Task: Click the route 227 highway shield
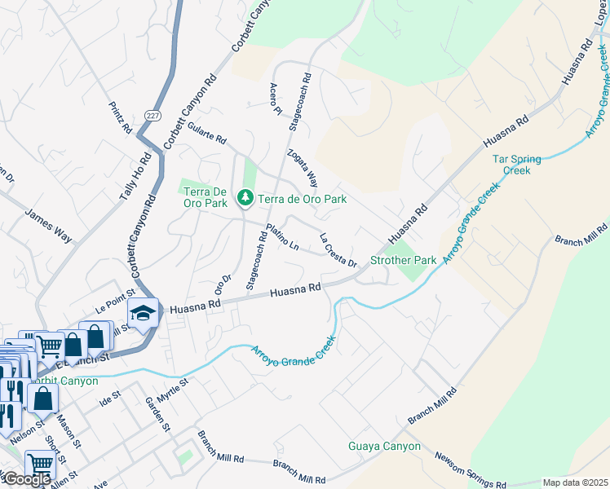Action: pyautogui.click(x=153, y=115)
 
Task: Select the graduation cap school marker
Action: pyautogui.click(x=142, y=313)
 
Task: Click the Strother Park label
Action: pyautogui.click(x=404, y=261)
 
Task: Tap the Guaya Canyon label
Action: pyautogui.click(x=384, y=447)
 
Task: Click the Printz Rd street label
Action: pyautogui.click(x=121, y=117)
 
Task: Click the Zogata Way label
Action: pyautogui.click(x=302, y=167)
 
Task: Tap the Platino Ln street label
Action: pyautogui.click(x=282, y=238)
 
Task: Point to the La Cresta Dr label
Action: pyautogui.click(x=338, y=251)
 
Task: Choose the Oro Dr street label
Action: pyautogui.click(x=223, y=283)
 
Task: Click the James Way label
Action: pyautogui.click(x=48, y=226)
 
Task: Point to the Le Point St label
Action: pyautogui.click(x=113, y=305)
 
